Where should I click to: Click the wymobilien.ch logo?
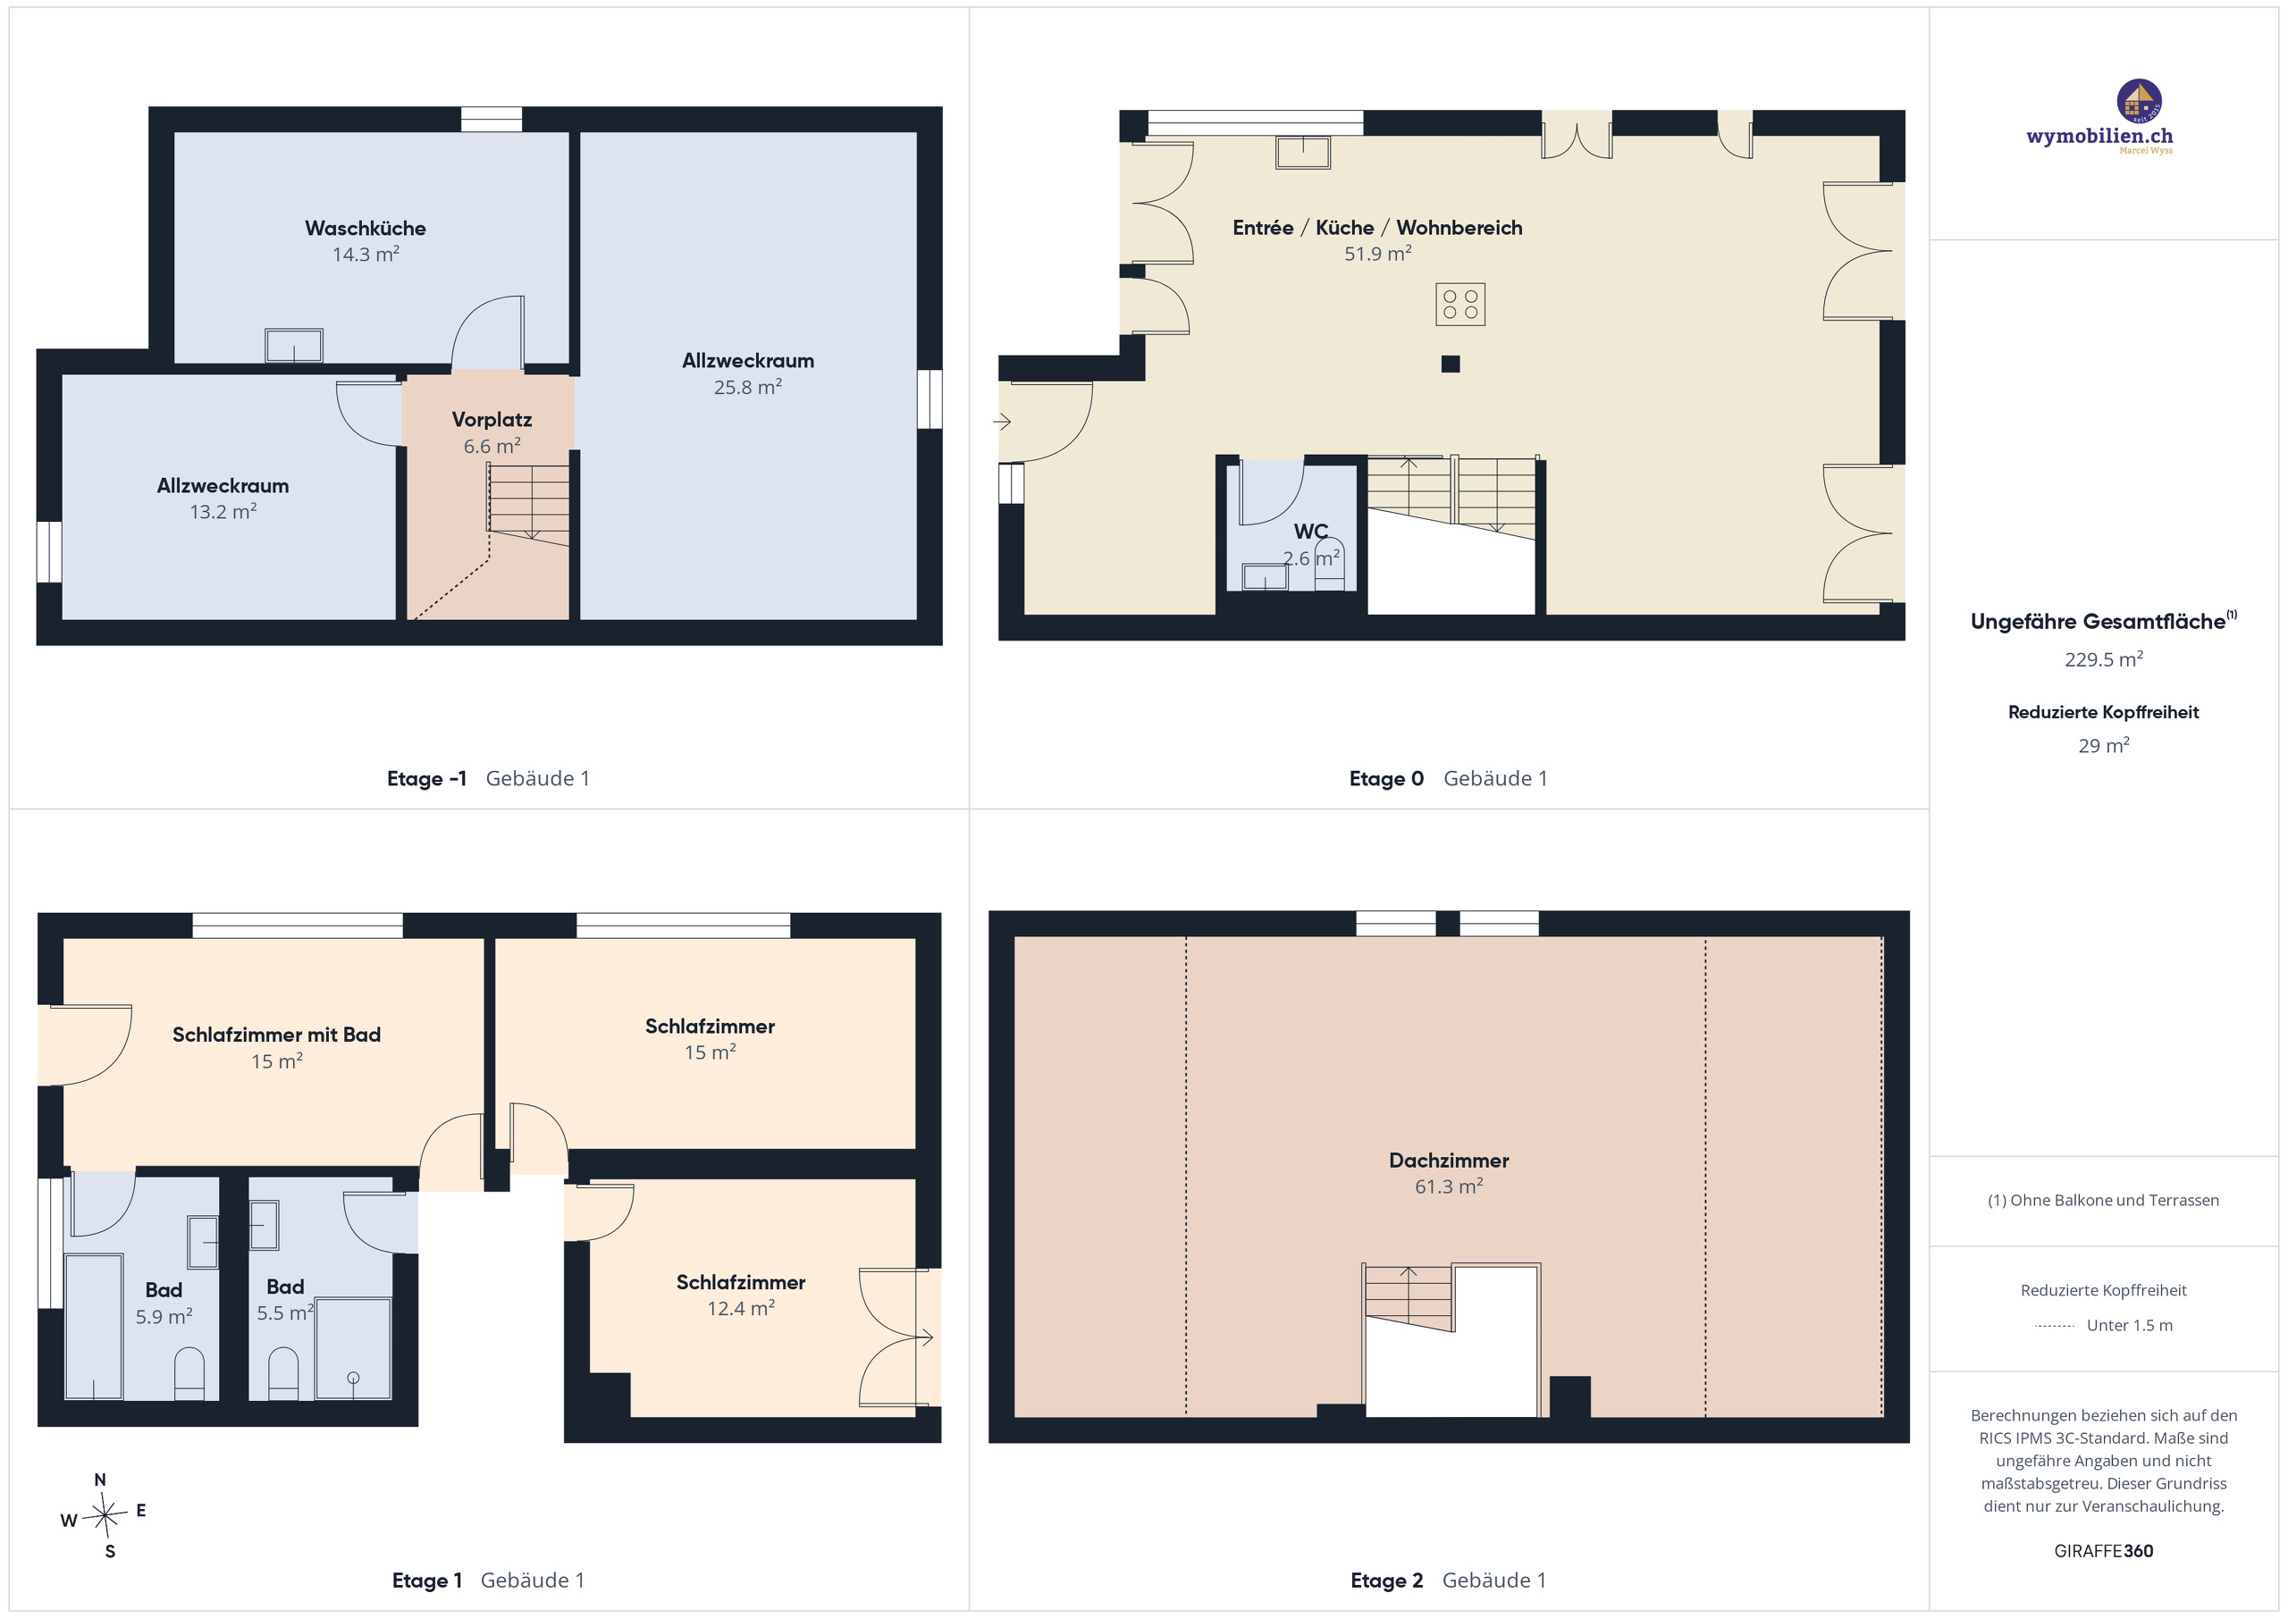(x=2099, y=118)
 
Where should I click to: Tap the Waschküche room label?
(x=366, y=228)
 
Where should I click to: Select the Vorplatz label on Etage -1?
(x=492, y=419)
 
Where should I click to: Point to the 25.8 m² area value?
(x=747, y=387)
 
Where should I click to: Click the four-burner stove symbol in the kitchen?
(x=1459, y=304)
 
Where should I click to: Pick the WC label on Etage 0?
(x=1310, y=531)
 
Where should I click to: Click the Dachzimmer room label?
(x=1449, y=1160)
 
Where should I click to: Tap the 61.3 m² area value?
(x=1449, y=1186)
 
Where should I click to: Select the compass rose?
(x=104, y=1516)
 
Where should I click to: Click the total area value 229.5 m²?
(x=2104, y=658)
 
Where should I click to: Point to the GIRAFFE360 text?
(x=2104, y=1550)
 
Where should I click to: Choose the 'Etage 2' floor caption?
(x=1386, y=1580)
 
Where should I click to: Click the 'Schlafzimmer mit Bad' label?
(x=277, y=1035)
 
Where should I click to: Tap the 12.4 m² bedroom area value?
(x=740, y=1308)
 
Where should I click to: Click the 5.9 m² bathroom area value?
(x=164, y=1316)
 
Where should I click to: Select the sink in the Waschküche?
(x=294, y=346)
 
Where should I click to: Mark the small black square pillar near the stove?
(x=1450, y=364)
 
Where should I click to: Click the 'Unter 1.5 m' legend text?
(x=2130, y=1325)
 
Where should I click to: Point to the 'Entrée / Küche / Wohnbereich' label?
(x=1377, y=227)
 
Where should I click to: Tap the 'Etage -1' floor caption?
(x=426, y=778)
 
